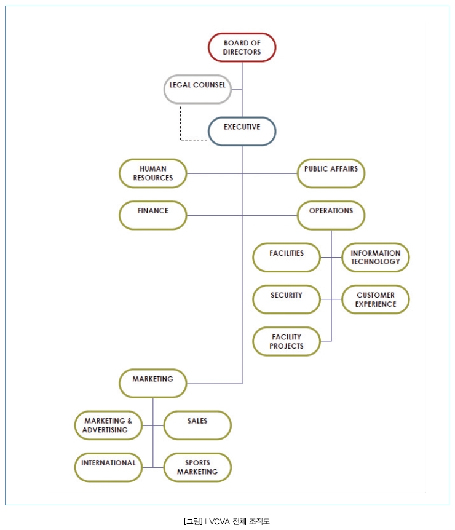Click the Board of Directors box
[242, 47]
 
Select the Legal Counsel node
[197, 89]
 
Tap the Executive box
[242, 131]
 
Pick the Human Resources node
[152, 173]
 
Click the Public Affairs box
[331, 173]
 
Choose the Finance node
[152, 215]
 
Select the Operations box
[331, 215]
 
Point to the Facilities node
[287, 257]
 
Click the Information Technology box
[375, 257]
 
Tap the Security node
[287, 299]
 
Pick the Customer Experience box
[375, 299]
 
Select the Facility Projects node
[287, 341]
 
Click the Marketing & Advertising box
[108, 425]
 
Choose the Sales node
[197, 425]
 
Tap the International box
[108, 467]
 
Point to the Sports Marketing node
[197, 467]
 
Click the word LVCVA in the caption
[217, 521]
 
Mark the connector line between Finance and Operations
[242, 215]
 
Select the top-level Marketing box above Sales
[152, 383]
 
